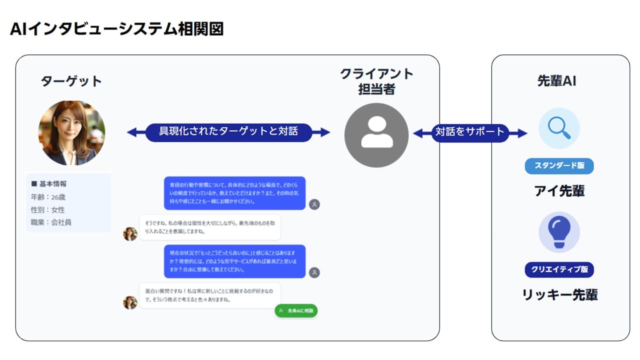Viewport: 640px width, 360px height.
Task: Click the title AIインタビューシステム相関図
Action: coord(116,29)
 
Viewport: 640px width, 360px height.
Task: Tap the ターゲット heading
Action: coord(71,81)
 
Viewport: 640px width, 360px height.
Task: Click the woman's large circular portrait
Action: coord(71,133)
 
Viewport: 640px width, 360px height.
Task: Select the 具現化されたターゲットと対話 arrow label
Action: coord(228,132)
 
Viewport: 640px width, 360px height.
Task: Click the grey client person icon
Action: coord(376,135)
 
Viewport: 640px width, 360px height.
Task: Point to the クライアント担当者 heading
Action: coord(376,81)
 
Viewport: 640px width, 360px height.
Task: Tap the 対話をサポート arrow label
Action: coord(470,132)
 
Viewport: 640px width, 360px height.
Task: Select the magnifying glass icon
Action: coord(559,128)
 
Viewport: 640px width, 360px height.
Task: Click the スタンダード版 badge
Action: coord(559,166)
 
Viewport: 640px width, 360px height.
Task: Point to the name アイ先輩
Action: coord(559,191)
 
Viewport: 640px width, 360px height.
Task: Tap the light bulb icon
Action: coord(559,231)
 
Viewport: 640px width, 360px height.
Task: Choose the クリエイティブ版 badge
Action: coord(559,269)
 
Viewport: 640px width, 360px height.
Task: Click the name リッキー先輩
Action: coord(559,294)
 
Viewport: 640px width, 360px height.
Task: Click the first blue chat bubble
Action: coord(234,193)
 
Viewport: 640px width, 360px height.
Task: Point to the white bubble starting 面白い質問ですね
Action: coord(209,295)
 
